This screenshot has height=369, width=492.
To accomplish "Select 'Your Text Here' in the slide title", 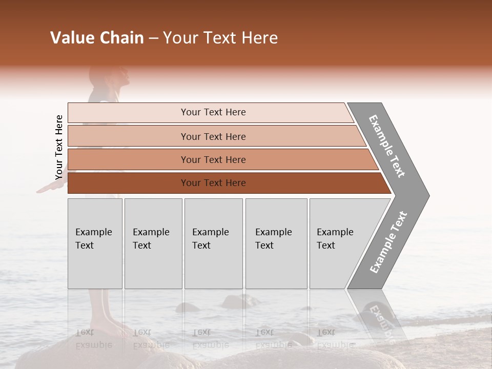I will (220, 38).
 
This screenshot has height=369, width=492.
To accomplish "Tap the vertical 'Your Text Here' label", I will (59, 148).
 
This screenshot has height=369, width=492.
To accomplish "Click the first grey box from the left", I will (95, 243).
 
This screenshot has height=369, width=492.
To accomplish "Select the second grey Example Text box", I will (153, 243).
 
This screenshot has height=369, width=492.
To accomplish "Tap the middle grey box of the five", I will (213, 243).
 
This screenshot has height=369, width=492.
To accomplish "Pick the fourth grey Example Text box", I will (276, 243).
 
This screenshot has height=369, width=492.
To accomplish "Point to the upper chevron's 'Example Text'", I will (387, 147).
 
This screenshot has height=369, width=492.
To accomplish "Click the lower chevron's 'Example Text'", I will (388, 242).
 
